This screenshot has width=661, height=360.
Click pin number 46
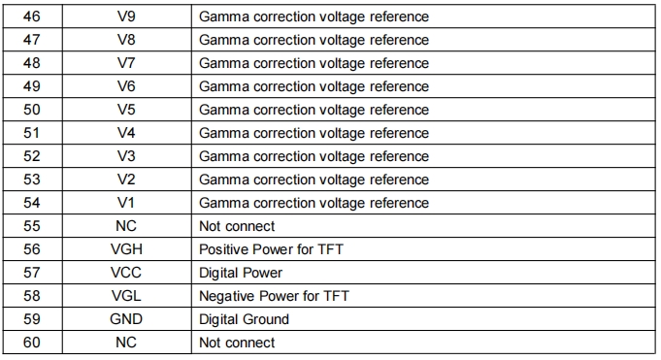point(32,16)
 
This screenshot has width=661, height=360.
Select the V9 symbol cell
point(126,16)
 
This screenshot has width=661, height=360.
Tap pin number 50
point(32,110)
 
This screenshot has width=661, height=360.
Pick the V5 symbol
point(126,110)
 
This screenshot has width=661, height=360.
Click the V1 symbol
point(126,203)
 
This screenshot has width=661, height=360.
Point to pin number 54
point(32,203)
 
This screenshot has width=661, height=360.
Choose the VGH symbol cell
point(126,249)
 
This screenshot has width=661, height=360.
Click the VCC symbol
point(126,273)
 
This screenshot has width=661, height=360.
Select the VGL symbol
point(126,296)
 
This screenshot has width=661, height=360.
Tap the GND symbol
point(126,318)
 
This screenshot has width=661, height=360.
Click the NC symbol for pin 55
point(126,226)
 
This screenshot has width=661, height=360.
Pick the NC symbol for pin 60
point(126,343)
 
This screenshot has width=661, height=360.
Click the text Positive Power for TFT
point(271,249)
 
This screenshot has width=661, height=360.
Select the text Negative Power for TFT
point(274,296)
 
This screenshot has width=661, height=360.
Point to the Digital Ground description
point(244,319)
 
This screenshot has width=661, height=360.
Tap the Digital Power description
point(241,273)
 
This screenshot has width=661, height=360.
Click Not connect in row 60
point(237,343)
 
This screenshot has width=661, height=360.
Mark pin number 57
point(32,273)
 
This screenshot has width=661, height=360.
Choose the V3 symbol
point(126,156)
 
